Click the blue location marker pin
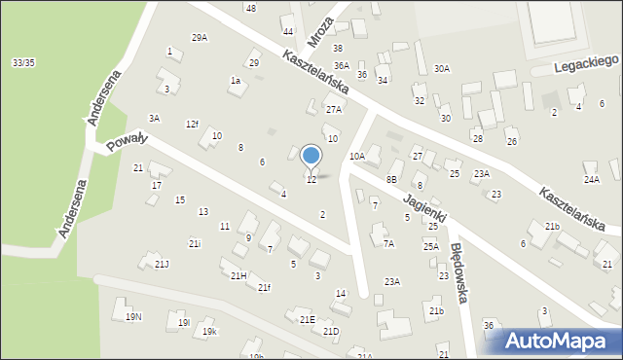[x=311, y=156]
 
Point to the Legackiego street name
[x=587, y=64]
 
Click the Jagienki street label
[x=423, y=198]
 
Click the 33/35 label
[x=24, y=62]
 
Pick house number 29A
[x=200, y=38]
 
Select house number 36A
[x=342, y=65]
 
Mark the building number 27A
[x=334, y=110]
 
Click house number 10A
[x=357, y=156]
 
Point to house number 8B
[x=391, y=180]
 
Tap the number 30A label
[x=442, y=69]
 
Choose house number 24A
[x=592, y=180]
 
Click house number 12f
[x=193, y=124]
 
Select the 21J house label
[x=162, y=265]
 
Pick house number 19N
[x=133, y=316]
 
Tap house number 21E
[x=307, y=319]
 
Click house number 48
[x=251, y=8]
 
